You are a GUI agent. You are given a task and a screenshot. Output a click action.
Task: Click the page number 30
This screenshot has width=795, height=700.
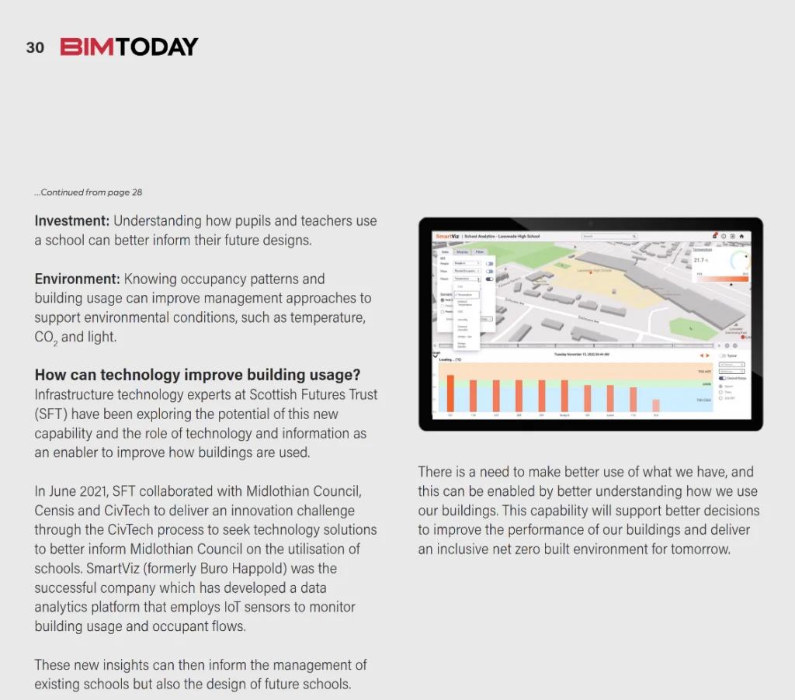35,47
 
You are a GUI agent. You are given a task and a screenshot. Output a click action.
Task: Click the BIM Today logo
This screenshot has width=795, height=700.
130,47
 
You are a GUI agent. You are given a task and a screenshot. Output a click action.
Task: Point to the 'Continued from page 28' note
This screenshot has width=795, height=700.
89,192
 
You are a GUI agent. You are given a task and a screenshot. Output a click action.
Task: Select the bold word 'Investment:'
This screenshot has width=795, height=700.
72,221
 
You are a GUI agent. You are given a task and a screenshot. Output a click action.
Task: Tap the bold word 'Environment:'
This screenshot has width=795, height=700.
77,279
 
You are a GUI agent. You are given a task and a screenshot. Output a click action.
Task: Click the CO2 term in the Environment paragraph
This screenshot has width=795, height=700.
46,338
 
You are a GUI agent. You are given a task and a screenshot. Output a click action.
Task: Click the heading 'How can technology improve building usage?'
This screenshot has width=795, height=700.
197,375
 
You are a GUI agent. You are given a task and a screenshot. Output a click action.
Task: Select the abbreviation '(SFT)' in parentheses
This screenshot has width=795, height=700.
52,414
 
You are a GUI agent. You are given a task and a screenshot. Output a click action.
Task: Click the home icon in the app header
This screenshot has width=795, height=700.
741,236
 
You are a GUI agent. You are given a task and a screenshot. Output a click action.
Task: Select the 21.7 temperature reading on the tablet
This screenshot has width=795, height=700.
700,260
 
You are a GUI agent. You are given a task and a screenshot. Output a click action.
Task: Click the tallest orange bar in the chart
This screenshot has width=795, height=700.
450,393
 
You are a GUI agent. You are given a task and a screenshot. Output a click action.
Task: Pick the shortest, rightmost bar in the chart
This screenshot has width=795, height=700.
655,405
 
